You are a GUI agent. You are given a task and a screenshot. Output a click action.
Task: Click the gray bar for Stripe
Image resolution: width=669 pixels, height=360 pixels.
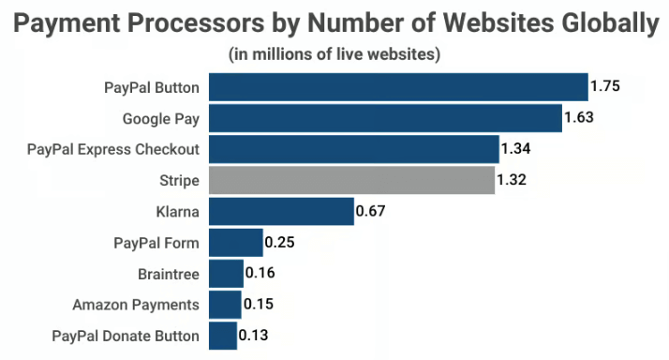pyautogui.click(x=351, y=180)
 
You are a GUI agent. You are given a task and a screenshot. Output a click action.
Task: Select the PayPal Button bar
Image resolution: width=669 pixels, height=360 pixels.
pyautogui.click(x=397, y=88)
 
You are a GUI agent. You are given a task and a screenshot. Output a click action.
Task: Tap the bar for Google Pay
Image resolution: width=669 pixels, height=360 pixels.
pyautogui.click(x=384, y=119)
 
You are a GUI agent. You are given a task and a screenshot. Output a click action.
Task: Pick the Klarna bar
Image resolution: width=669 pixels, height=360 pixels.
pyautogui.click(x=280, y=211)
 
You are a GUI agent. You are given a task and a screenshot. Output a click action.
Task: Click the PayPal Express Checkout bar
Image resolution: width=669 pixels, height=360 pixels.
pyautogui.click(x=353, y=149)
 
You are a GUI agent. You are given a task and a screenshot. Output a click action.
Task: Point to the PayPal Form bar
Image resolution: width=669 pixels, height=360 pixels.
pyautogui.click(x=235, y=243)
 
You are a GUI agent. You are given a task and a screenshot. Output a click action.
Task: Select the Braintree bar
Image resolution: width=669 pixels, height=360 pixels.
pyautogui.click(x=226, y=274)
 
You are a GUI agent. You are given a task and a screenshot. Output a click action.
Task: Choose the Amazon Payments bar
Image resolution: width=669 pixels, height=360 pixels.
pyautogui.click(x=225, y=305)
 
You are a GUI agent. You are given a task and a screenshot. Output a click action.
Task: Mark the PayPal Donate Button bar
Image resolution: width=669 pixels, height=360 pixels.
pyautogui.click(x=223, y=336)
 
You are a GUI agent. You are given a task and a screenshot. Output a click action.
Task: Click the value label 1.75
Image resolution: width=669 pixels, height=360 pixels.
pyautogui.click(x=605, y=87)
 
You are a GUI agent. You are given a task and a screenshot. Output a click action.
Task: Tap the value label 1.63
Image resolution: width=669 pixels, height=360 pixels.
pyautogui.click(x=579, y=118)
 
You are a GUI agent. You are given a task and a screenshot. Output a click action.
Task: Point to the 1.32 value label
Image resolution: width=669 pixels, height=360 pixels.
pyautogui.click(x=512, y=180)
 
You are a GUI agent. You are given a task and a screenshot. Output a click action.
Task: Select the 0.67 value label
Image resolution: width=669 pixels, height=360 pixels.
pyautogui.click(x=370, y=211)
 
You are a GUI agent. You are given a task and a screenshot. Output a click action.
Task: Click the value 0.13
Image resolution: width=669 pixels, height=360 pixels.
pyautogui.click(x=253, y=336)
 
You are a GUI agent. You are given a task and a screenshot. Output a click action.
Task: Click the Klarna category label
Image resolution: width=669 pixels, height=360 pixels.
pyautogui.click(x=178, y=212)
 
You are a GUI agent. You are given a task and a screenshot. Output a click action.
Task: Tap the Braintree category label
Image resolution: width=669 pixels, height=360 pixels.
pyautogui.click(x=168, y=274)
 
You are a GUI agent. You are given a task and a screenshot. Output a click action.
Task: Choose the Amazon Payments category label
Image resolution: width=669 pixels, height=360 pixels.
pyautogui.click(x=136, y=305)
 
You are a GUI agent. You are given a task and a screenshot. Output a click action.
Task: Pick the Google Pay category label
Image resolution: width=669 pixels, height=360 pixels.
pyautogui.click(x=161, y=119)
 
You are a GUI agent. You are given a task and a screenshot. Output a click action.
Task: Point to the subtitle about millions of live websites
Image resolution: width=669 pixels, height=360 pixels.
pyautogui.click(x=334, y=54)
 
